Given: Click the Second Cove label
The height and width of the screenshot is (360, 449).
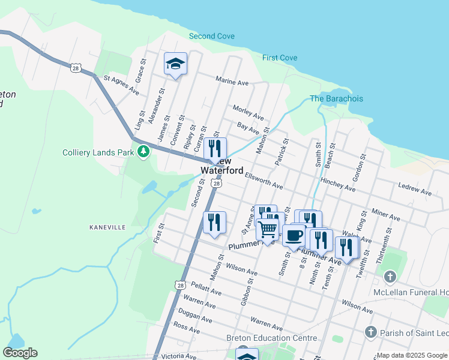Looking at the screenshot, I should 211,36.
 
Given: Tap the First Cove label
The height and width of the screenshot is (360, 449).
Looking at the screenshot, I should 279,58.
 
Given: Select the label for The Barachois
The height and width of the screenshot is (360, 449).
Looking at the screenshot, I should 336,98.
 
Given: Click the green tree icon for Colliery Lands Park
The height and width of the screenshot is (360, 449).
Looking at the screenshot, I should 143,152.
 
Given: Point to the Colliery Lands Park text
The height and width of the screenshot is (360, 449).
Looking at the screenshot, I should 98,152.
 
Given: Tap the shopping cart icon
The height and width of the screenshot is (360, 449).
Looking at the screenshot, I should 267,229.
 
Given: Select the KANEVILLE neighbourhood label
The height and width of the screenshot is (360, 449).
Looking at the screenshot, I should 107,227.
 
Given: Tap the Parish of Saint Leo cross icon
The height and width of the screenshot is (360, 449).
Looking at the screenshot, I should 370,332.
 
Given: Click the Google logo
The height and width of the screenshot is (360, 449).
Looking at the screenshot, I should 20,353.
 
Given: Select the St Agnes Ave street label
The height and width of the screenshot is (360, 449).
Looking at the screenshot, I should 121,85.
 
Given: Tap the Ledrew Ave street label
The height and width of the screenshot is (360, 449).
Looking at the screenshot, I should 415,190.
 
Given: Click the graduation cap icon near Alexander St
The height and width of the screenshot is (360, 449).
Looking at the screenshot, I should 175,63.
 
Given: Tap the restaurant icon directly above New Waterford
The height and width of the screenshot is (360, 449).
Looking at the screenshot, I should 215,148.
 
